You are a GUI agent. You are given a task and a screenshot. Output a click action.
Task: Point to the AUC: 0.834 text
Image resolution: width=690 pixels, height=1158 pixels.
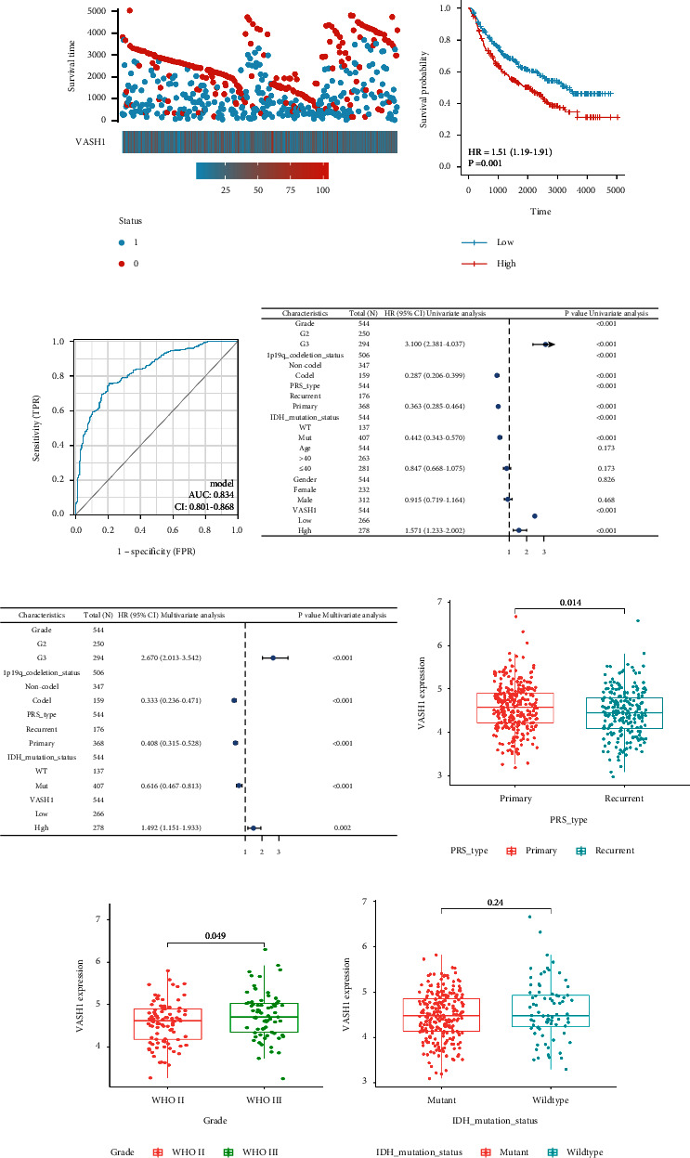click(209, 493)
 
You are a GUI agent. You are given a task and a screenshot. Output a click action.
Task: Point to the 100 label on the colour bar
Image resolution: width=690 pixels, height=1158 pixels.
click(322, 189)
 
